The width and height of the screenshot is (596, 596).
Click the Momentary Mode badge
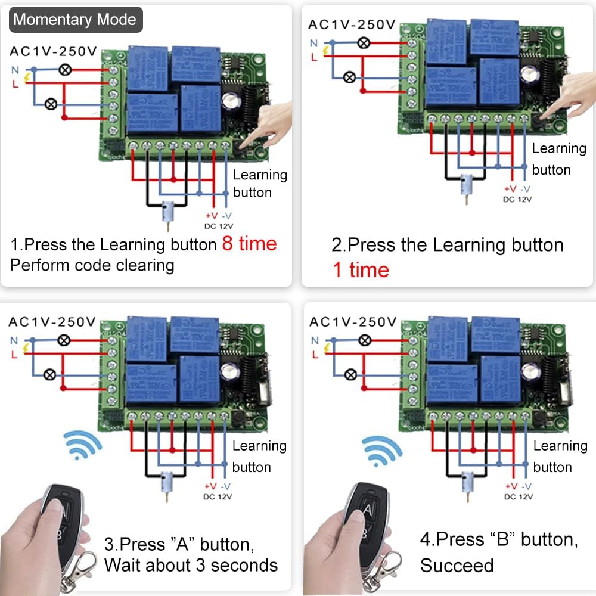coord(75,19)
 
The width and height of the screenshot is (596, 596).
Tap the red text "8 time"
coord(249,244)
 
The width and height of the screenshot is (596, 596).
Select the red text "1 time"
coord(361,270)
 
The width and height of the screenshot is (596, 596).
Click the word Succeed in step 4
coord(457,565)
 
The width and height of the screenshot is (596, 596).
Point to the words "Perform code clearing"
coord(92,265)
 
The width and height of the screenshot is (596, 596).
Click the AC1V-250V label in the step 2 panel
coord(352,25)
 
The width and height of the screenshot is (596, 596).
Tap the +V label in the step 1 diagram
coord(212,216)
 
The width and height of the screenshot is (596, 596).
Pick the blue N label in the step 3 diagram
coord(13,340)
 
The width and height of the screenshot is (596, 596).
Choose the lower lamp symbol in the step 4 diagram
coord(352,375)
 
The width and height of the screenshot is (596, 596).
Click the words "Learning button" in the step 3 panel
coord(259,456)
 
